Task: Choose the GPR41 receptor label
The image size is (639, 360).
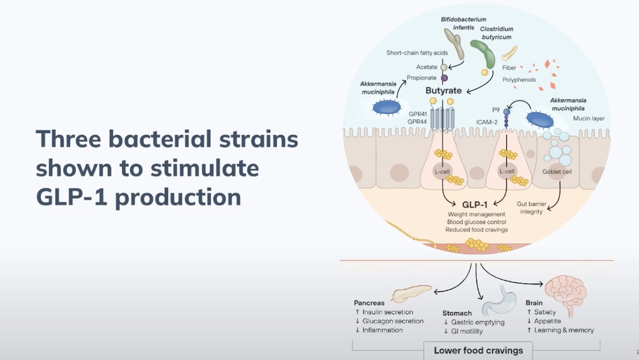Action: pyautogui.click(x=418, y=112)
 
